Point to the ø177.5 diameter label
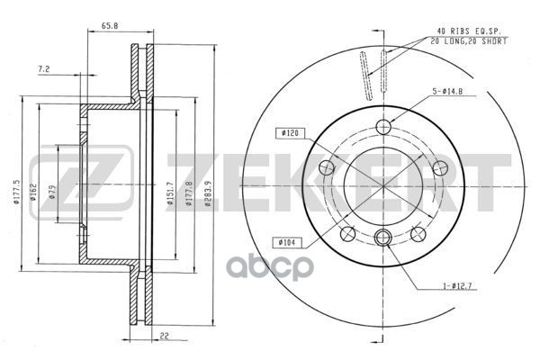point(18,191)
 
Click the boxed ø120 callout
point(290,133)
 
